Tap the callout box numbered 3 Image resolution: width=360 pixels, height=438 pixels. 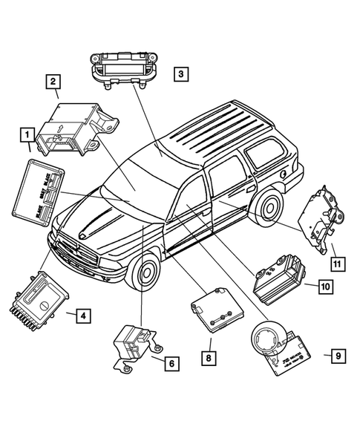click(181, 73)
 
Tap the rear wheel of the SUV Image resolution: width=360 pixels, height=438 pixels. click(266, 212)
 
